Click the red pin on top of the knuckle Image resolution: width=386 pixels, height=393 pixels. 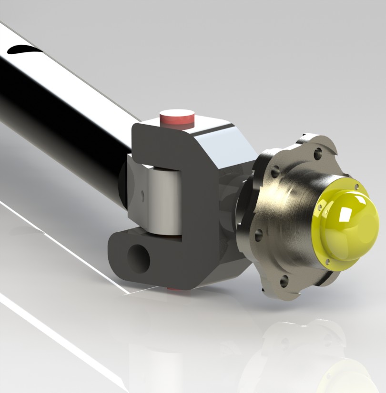(177, 118)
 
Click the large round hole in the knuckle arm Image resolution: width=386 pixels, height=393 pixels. (139, 258)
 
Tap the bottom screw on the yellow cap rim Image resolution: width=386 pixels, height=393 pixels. (327, 261)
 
